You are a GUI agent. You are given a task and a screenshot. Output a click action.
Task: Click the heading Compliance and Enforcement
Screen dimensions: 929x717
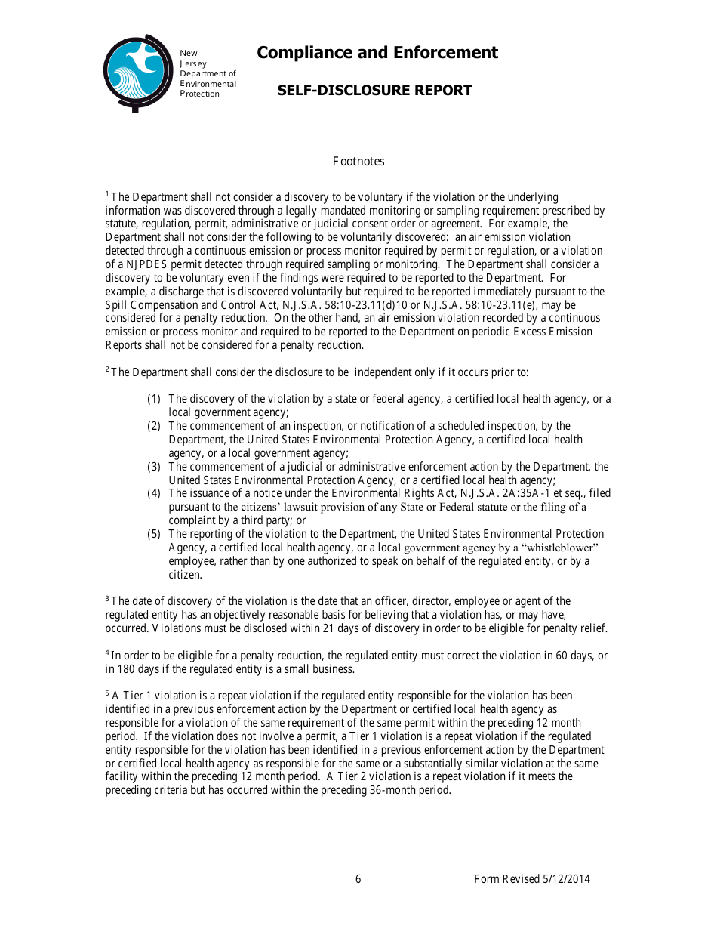coord(377,53)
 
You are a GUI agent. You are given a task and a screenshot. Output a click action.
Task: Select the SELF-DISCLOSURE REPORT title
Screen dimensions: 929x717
coord(374,91)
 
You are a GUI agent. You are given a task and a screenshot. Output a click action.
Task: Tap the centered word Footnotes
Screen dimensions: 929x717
coord(358,162)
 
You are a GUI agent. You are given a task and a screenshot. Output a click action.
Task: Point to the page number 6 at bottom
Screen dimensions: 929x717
coord(358,879)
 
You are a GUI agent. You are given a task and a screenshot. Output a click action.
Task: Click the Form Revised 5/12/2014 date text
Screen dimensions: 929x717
coord(531,879)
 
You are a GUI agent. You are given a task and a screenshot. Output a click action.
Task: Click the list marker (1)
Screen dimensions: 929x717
coord(154,399)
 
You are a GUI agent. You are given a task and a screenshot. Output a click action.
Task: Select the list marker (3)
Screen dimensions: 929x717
coord(154,467)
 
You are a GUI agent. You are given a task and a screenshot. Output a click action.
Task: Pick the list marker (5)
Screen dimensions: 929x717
coord(154,534)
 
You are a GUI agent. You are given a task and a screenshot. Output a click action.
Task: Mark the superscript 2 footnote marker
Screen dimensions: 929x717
coord(107,369)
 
